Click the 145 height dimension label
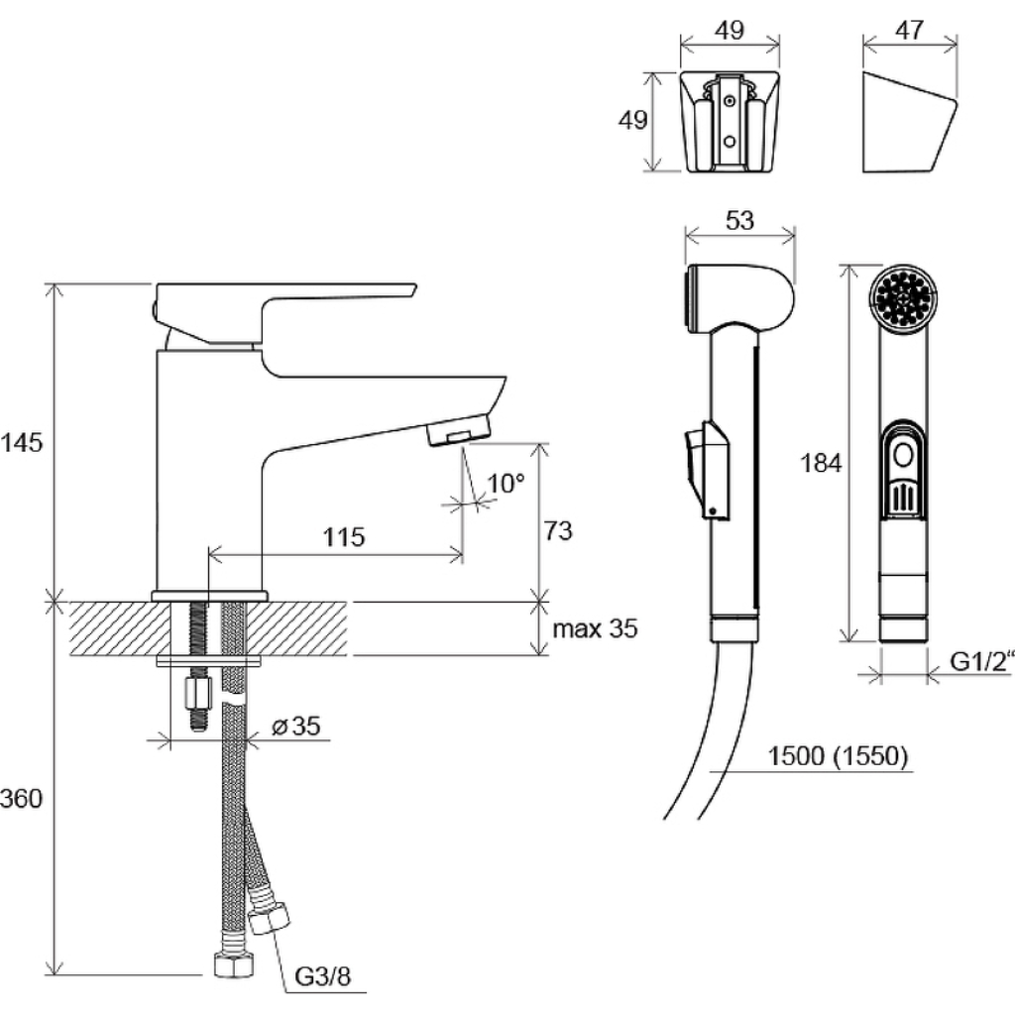click(x=21, y=443)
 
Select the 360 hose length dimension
click(x=21, y=798)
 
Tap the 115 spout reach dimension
click(x=344, y=536)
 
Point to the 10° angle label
click(x=506, y=483)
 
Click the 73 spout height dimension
click(x=557, y=531)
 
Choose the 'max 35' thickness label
click(x=595, y=628)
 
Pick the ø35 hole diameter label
click(x=295, y=726)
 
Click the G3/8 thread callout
click(x=322, y=976)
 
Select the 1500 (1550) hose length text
click(x=838, y=755)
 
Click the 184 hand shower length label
click(x=821, y=464)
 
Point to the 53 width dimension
click(x=739, y=221)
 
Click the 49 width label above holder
click(x=730, y=31)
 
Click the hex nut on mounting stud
click(x=199, y=695)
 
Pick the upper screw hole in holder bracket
click(x=731, y=101)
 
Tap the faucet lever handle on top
click(x=284, y=312)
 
